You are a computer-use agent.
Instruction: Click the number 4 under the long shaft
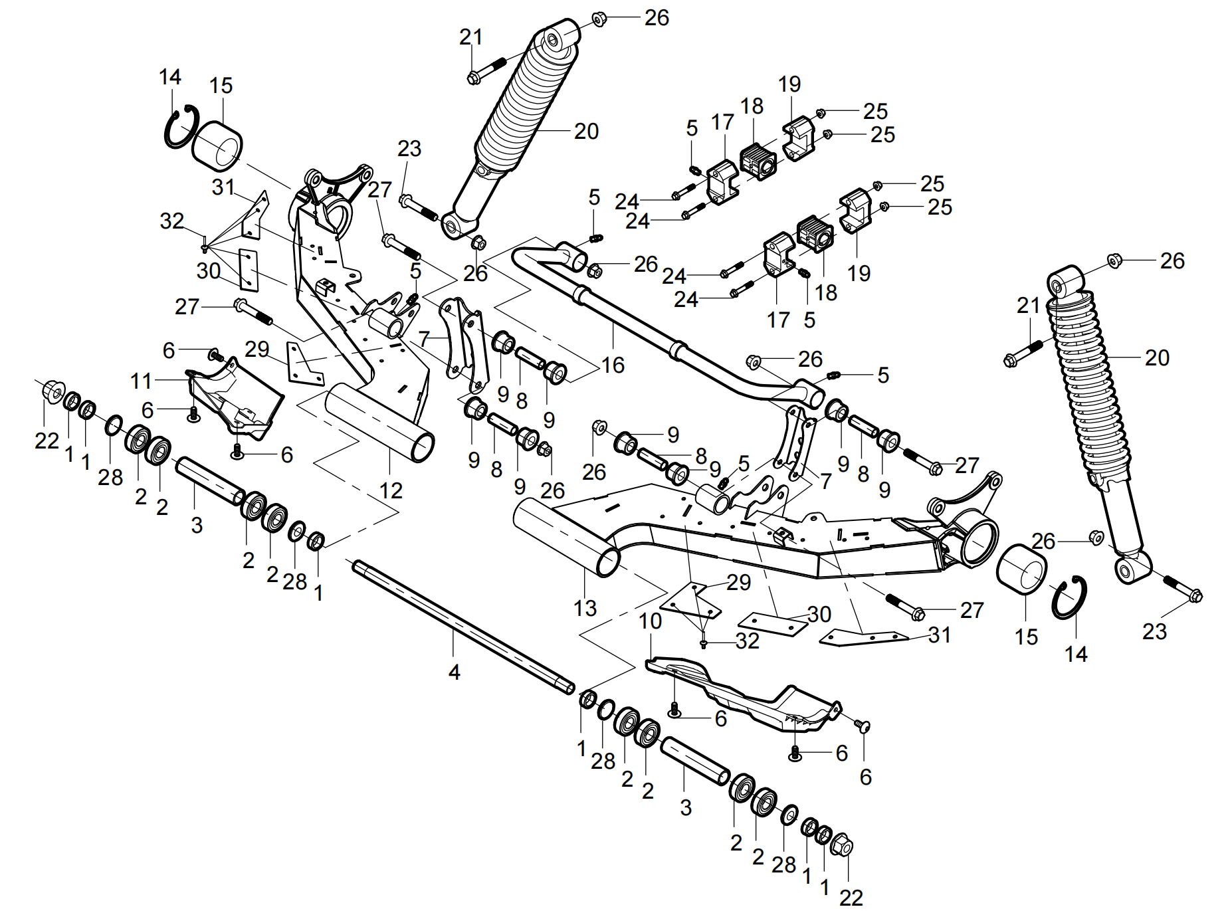point(454,672)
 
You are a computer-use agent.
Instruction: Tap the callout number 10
point(650,621)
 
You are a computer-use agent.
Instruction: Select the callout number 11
point(141,381)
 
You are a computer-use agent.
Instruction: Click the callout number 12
point(391,490)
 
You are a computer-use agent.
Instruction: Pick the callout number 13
point(585,608)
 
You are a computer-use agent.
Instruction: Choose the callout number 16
point(613,365)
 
